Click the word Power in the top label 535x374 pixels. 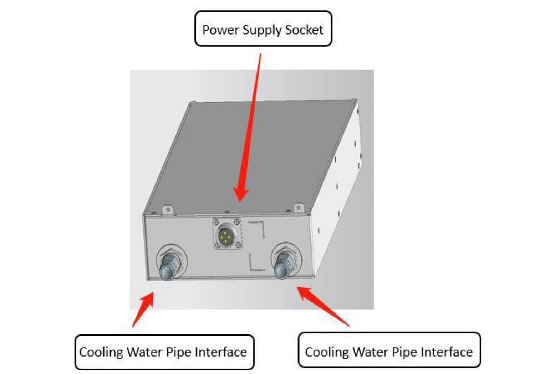(220, 30)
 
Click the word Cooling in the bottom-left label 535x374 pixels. (101, 352)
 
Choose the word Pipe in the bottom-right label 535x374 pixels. (404, 352)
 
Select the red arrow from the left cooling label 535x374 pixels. (144, 308)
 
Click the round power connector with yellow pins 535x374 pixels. (226, 235)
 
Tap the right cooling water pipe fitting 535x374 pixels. (284, 265)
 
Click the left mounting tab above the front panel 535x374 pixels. (167, 210)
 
